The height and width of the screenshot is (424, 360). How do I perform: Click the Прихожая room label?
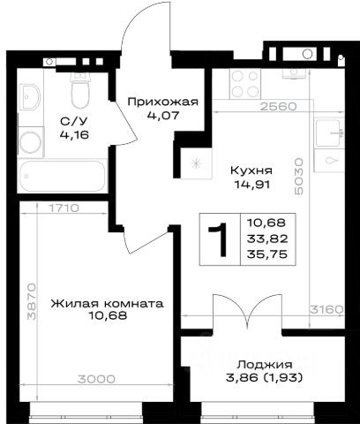coord(163,102)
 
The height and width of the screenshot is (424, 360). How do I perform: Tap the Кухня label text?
coord(251,170)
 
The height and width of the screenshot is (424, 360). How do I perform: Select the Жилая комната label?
coord(107,304)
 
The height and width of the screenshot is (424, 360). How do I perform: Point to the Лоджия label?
coord(265,365)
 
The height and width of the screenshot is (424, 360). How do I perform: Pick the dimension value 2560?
coord(279,106)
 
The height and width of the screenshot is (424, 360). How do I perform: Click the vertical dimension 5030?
coord(298,176)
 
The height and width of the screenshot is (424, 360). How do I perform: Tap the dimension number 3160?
coord(326,309)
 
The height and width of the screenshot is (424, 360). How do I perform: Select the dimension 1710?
coord(64,208)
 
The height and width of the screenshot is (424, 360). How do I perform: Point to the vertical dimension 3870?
coord(31,301)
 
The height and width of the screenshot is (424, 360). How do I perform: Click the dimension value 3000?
coord(96,379)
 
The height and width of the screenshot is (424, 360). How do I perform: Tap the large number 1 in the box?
coord(219,239)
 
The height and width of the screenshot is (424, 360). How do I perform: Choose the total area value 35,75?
coord(267,254)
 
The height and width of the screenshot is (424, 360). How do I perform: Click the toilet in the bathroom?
coord(80,91)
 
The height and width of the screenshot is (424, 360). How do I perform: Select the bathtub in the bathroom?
coord(63,176)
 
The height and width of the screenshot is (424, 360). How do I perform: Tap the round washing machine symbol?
coord(31,143)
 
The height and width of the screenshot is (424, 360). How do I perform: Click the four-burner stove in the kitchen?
coord(244,84)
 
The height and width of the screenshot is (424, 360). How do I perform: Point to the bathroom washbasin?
coord(30,97)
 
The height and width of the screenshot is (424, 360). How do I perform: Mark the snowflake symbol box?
coord(196,163)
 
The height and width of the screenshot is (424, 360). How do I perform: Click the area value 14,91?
coord(251,185)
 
